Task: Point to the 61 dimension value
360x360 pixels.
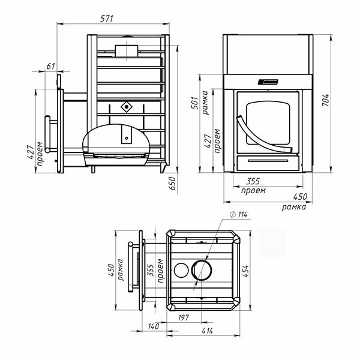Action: [x=50, y=65]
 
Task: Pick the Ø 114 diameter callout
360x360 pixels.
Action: [x=238, y=215]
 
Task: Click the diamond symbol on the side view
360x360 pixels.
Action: [x=126, y=107]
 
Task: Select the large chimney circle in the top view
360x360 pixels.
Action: [x=201, y=271]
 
